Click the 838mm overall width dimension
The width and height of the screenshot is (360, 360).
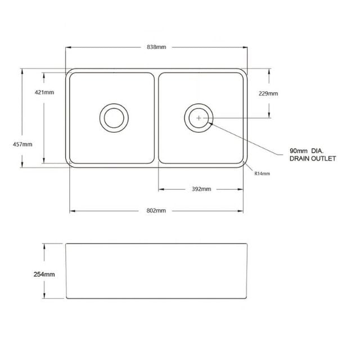click(156, 47)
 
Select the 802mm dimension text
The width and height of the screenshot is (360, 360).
click(156, 210)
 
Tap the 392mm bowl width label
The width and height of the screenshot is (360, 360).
click(201, 188)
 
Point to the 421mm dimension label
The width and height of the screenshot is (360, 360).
click(44, 92)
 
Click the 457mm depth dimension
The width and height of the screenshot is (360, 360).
click(22, 144)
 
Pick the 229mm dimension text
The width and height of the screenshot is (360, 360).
click(268, 93)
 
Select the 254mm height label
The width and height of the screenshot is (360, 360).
click(45, 274)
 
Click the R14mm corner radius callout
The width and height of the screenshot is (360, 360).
click(262, 174)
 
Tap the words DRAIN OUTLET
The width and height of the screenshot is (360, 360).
click(313, 159)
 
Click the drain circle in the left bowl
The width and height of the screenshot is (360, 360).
click(114, 118)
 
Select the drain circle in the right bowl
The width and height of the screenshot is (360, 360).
click(199, 118)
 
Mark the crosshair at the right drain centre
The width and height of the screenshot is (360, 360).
click(199, 118)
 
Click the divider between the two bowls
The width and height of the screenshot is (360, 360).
click(156, 118)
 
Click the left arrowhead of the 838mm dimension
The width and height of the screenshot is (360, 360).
click(67, 47)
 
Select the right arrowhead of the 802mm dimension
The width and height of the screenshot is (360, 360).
click(242, 211)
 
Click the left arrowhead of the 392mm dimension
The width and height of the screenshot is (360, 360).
click(160, 189)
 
